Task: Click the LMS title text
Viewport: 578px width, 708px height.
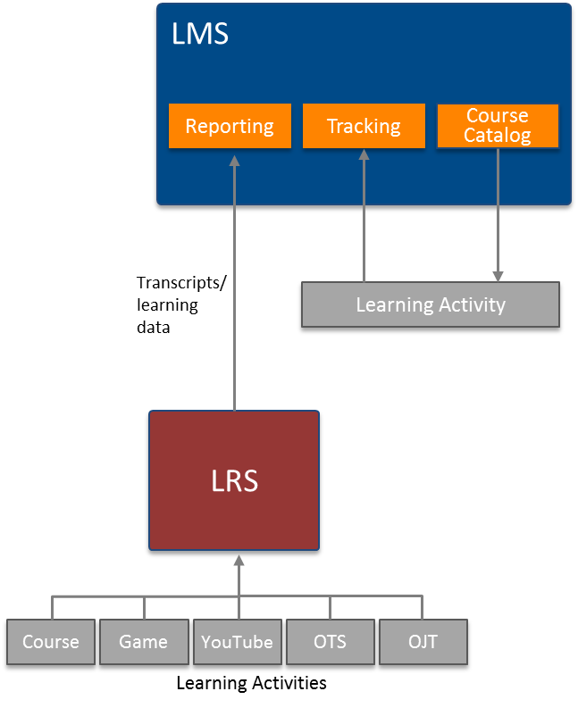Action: point(200,35)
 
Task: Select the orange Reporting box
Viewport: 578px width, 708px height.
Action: point(230,126)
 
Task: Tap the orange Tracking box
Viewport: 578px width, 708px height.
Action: point(364,126)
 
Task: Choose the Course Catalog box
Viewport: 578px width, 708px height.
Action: point(498,126)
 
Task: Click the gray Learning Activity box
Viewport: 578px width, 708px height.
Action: point(431,305)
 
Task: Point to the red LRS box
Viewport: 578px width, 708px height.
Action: point(234,480)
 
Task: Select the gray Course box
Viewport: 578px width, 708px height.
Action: point(51,642)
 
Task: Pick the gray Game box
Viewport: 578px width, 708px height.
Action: point(143,642)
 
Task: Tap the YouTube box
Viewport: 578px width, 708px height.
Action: point(237,642)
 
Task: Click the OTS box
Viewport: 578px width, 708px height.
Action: point(330,642)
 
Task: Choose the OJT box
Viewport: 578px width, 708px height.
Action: point(423,642)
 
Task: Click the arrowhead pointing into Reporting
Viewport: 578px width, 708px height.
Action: point(235,160)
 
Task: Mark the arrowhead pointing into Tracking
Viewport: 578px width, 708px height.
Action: point(364,154)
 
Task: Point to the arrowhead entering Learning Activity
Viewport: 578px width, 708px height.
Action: point(498,276)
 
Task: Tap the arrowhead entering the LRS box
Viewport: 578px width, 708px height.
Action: point(239,560)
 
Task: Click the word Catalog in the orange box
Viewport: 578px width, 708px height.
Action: point(498,136)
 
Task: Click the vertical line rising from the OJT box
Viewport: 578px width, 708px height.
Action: point(423,608)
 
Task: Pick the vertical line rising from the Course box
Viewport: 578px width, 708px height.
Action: point(52,608)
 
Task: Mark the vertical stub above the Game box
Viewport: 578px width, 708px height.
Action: point(144,608)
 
